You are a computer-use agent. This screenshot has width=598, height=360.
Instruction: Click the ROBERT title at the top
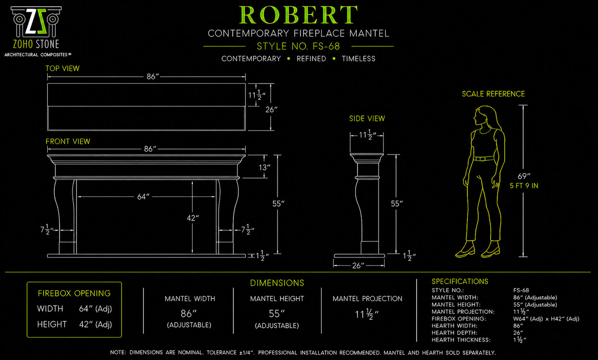298,15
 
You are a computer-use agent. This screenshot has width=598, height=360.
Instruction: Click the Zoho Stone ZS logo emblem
36,22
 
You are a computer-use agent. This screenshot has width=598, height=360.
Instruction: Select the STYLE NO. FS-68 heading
298,46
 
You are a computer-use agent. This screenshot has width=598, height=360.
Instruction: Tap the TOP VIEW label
63,68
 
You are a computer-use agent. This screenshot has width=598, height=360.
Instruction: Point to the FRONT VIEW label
68,141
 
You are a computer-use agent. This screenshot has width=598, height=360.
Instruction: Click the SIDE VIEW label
367,118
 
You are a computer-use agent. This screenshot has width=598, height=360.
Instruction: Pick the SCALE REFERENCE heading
493,94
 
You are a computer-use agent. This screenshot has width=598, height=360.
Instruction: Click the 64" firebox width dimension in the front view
143,197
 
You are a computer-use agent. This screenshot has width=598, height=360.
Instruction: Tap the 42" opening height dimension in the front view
193,218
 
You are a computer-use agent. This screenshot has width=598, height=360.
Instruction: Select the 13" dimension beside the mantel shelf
264,167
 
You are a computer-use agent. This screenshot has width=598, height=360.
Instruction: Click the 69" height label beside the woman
524,176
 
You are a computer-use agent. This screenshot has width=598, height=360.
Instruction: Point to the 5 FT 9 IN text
524,186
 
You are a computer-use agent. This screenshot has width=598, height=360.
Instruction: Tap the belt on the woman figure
484,158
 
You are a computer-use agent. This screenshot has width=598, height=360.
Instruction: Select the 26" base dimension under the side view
358,266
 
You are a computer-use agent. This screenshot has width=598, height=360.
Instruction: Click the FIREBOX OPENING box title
74,293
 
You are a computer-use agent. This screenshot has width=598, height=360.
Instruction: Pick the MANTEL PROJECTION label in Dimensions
367,299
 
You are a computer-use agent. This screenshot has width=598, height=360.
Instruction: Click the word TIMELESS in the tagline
359,59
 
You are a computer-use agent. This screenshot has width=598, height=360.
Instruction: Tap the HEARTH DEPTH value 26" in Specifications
518,333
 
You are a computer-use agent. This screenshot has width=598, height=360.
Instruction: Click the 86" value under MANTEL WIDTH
189,314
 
